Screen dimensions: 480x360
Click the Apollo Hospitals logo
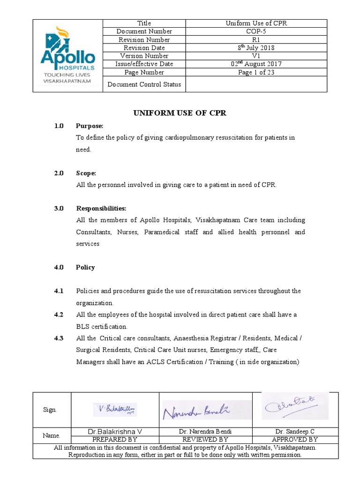[67, 56]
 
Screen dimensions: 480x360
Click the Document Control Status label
[144, 84]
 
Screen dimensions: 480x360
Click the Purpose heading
[90, 126]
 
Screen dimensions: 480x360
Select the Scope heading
[86, 173]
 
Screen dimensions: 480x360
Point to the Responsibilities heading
[101, 208]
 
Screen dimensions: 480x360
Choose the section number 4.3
[59, 338]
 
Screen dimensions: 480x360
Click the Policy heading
[85, 267]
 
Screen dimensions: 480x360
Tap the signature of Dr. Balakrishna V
[115, 409]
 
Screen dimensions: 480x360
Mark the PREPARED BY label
[115, 440]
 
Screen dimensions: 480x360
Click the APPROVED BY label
[294, 440]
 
